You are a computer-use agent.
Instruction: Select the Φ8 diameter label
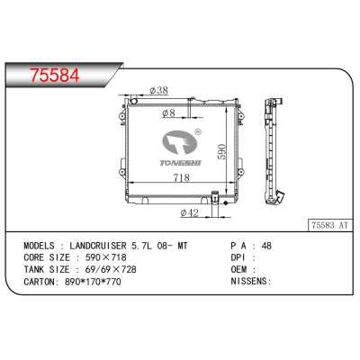click(166, 113)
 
